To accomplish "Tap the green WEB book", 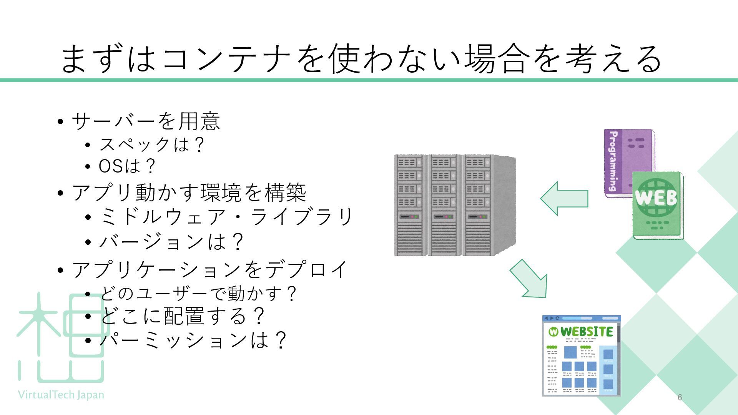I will (x=657, y=206).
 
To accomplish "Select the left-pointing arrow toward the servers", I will (x=564, y=198).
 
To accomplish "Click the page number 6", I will (x=680, y=397).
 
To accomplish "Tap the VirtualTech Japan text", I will (x=61, y=395).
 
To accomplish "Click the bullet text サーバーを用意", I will (x=146, y=121).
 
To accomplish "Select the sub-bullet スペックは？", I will (x=151, y=145).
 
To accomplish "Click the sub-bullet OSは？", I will (x=127, y=166).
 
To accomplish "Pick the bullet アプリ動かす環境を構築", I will (x=189, y=193).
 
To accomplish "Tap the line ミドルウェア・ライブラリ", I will (x=226, y=217).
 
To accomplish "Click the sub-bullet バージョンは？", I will (x=171, y=242).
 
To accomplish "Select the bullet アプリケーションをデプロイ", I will (x=210, y=270).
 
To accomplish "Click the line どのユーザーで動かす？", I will (x=198, y=294).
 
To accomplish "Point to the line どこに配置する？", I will (x=182, y=316).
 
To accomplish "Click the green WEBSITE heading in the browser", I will (x=586, y=331).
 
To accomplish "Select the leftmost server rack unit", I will (x=411, y=205).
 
